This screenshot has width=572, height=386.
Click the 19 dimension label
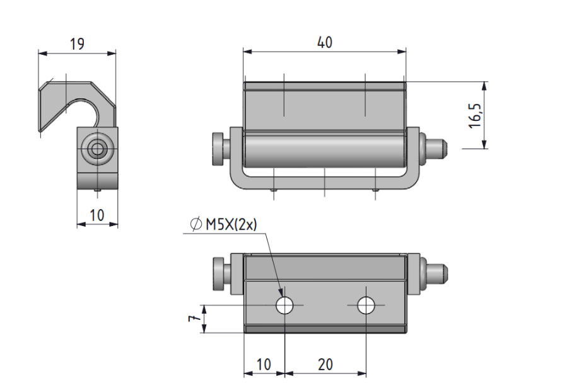(78, 44)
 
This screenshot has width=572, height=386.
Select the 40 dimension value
(325, 42)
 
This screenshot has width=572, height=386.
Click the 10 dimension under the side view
(96, 215)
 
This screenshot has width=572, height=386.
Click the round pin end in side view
(98, 149)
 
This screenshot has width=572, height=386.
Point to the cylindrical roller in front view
(324, 149)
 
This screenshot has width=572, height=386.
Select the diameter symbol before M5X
(195, 224)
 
